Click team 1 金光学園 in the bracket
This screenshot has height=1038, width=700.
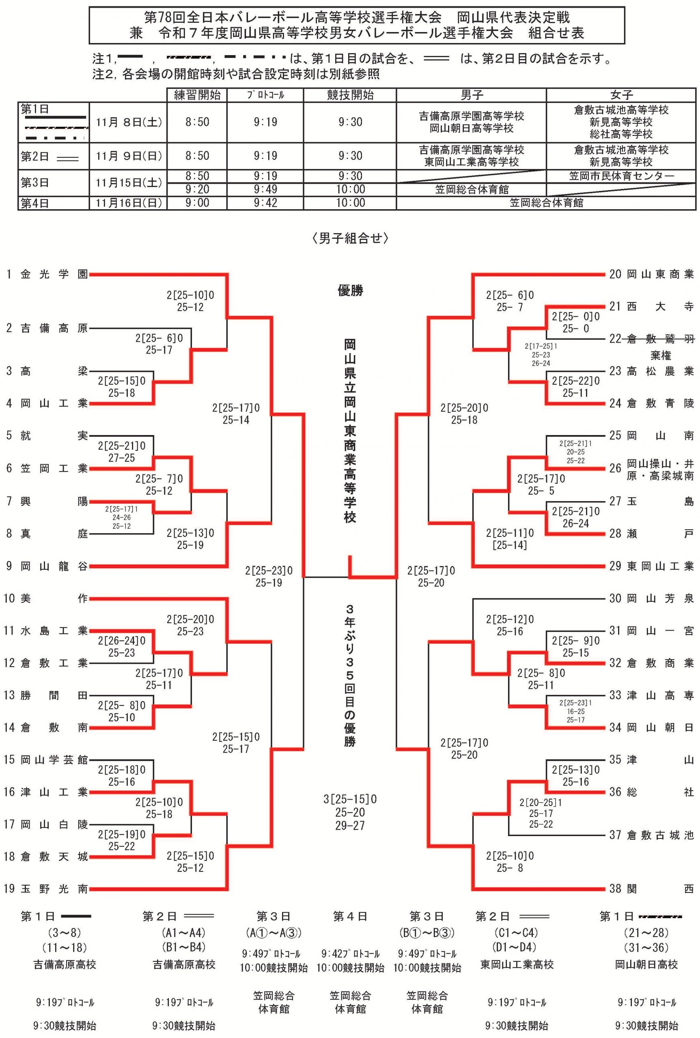click(x=47, y=275)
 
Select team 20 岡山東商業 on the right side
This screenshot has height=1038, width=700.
click(x=651, y=275)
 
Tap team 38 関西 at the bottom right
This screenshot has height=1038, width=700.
click(x=651, y=888)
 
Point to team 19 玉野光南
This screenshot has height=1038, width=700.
click(x=47, y=888)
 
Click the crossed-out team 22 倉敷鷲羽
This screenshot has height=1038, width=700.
click(x=651, y=339)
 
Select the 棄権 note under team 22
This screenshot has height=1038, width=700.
click(x=661, y=356)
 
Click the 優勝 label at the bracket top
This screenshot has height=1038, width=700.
click(x=350, y=291)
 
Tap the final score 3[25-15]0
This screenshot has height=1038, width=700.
click(x=350, y=799)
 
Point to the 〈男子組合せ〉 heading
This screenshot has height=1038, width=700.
click(x=350, y=239)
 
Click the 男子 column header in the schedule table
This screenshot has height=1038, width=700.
click(x=471, y=94)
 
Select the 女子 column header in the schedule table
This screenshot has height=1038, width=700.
click(x=621, y=94)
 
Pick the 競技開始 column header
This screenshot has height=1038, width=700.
click(x=350, y=94)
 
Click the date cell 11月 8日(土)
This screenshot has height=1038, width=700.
click(x=129, y=122)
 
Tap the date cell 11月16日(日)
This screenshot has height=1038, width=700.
click(x=129, y=203)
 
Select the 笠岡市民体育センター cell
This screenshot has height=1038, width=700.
click(x=621, y=176)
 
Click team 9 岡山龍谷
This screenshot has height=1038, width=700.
click(x=47, y=566)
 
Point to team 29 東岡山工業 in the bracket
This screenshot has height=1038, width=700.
click(x=651, y=566)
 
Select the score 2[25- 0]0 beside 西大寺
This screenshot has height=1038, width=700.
click(x=575, y=317)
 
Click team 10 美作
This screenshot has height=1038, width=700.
click(x=47, y=598)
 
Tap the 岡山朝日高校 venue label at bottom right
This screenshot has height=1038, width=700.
click(x=646, y=964)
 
